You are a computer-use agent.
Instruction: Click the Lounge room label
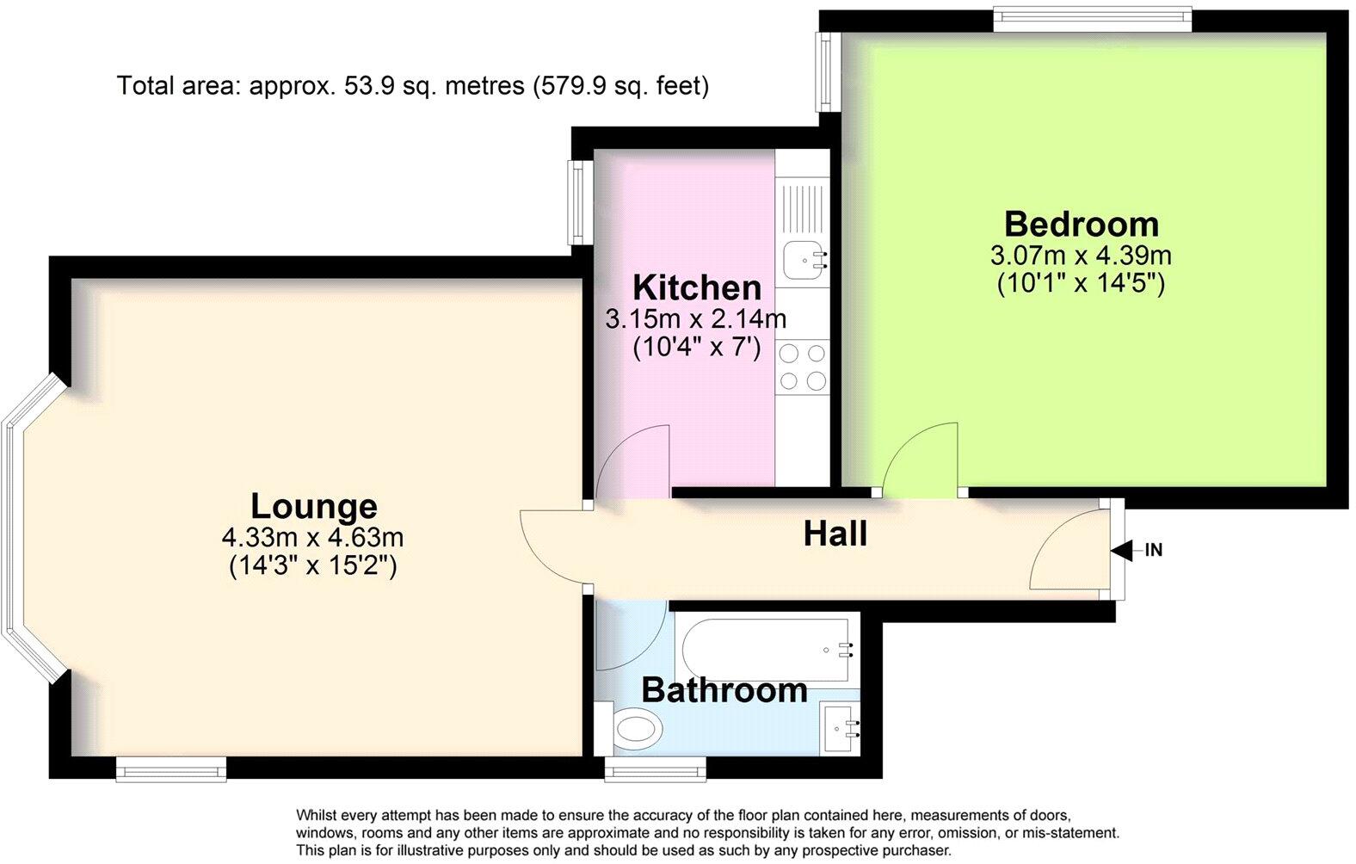coord(313,506)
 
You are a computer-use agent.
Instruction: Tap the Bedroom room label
coord(1082,224)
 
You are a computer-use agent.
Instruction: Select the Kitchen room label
coord(697,287)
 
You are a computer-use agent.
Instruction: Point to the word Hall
coord(835,534)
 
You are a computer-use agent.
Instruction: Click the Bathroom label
coord(724,690)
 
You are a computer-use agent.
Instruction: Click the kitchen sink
coord(805,259)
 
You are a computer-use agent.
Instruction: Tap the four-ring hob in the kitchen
coord(803,367)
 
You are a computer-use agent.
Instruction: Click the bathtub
coord(767,649)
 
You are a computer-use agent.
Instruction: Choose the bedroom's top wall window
coord(1092,19)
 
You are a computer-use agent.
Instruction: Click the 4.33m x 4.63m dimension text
coord(312,538)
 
